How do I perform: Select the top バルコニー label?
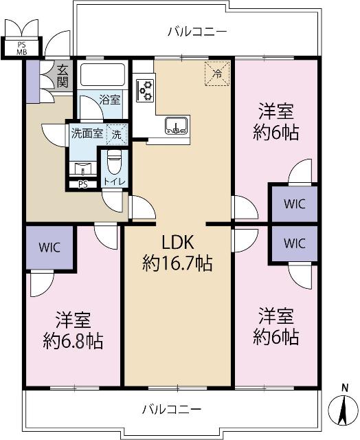tap(197, 32)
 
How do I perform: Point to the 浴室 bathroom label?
tap(110, 99)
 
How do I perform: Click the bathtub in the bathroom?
tap(101, 75)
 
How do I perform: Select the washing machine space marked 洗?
tap(117, 133)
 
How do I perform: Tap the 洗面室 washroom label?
tap(87, 133)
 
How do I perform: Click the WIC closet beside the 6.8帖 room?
tap(49, 247)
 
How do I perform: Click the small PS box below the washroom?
tap(82, 184)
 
